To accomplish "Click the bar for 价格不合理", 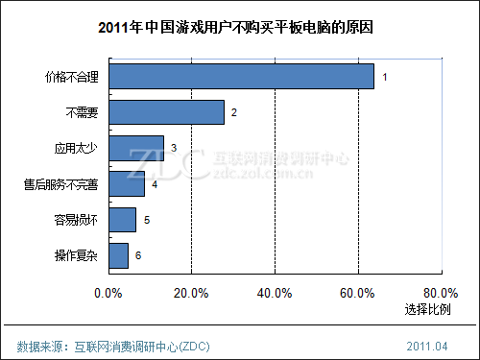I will pyautogui.click(x=241, y=76).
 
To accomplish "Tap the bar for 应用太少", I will pyautogui.click(x=136, y=148).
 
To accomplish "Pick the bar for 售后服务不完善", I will pyautogui.click(x=127, y=183).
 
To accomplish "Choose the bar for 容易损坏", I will pyautogui.click(x=122, y=220).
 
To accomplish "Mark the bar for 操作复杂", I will pyautogui.click(x=118, y=255).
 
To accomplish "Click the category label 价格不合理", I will pyautogui.click(x=73, y=76).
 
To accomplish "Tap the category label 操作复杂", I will pyautogui.click(x=78, y=255).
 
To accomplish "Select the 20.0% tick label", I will pyautogui.click(x=191, y=292).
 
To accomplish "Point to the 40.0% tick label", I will pyautogui.click(x=275, y=292).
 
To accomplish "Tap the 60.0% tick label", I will pyautogui.click(x=358, y=292).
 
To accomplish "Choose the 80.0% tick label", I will pyautogui.click(x=441, y=292).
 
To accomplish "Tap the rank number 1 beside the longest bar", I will pyautogui.click(x=384, y=76).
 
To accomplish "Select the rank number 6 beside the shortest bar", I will pyautogui.click(x=138, y=255).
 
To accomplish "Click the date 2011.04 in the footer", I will pyautogui.click(x=427, y=345).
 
